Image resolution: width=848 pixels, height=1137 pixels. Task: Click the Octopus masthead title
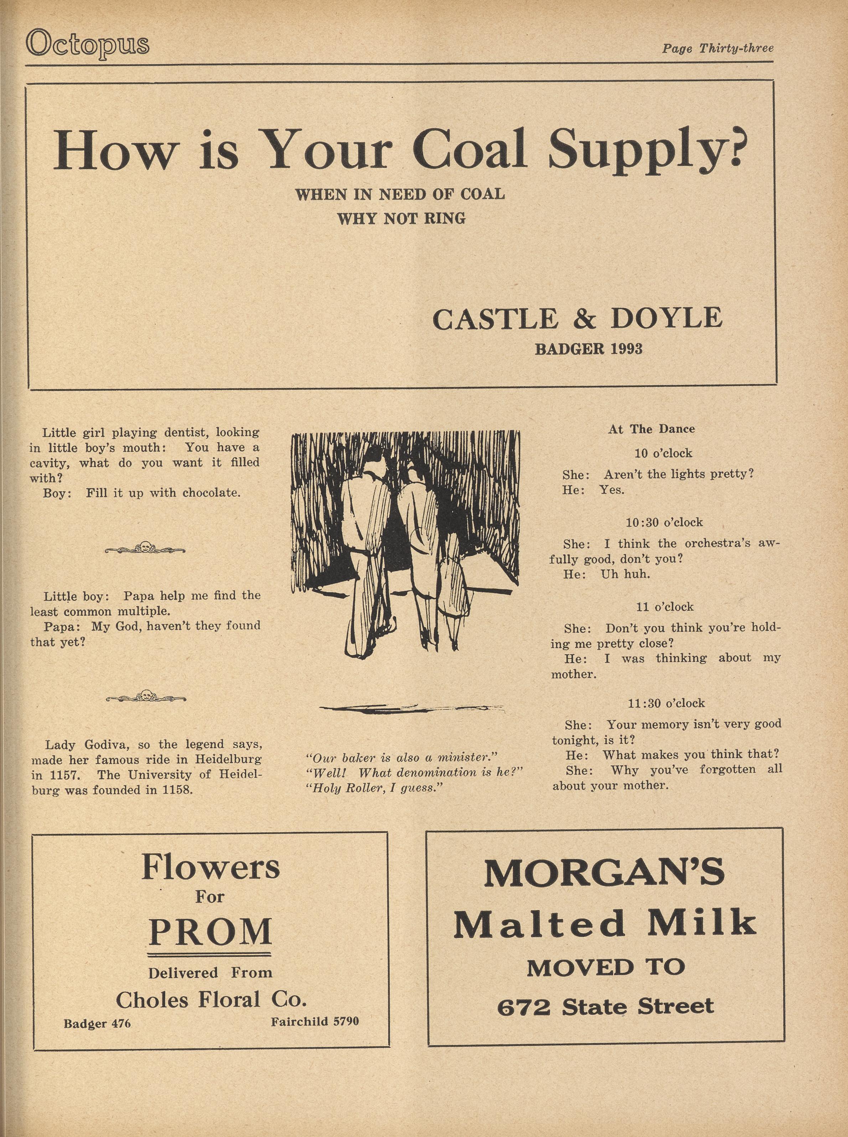pyautogui.click(x=87, y=43)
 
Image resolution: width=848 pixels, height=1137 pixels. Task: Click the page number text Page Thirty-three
pyautogui.click(x=717, y=49)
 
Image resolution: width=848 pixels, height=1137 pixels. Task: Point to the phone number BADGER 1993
pyautogui.click(x=588, y=349)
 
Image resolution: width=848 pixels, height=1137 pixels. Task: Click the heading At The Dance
pyautogui.click(x=651, y=429)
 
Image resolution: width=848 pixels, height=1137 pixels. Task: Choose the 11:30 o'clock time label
pyautogui.click(x=666, y=703)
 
